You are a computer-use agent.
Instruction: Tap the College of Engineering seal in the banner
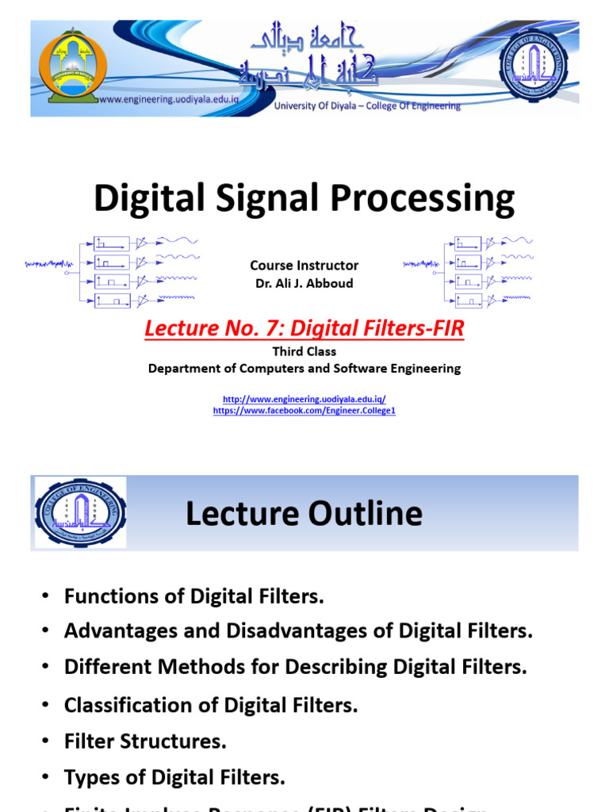pos(533,67)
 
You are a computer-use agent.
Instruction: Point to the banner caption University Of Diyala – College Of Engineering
pos(367,106)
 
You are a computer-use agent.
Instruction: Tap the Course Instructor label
pos(304,266)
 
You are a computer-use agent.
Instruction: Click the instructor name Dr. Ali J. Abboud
pos(304,283)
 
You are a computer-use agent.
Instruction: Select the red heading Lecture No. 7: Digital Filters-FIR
pos(304,327)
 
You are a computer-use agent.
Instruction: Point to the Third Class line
pos(304,351)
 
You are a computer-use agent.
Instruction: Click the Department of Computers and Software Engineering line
pos(304,368)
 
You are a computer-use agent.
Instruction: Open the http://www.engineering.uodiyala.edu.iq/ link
pos(304,399)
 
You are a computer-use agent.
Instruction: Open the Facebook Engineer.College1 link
pos(304,411)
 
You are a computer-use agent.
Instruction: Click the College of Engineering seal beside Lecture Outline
pos(79,512)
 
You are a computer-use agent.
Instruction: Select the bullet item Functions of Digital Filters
pos(194,596)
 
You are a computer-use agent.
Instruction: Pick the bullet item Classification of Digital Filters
pos(211,705)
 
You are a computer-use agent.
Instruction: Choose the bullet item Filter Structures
pos(145,741)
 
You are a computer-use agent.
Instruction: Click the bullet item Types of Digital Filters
pos(174,778)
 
